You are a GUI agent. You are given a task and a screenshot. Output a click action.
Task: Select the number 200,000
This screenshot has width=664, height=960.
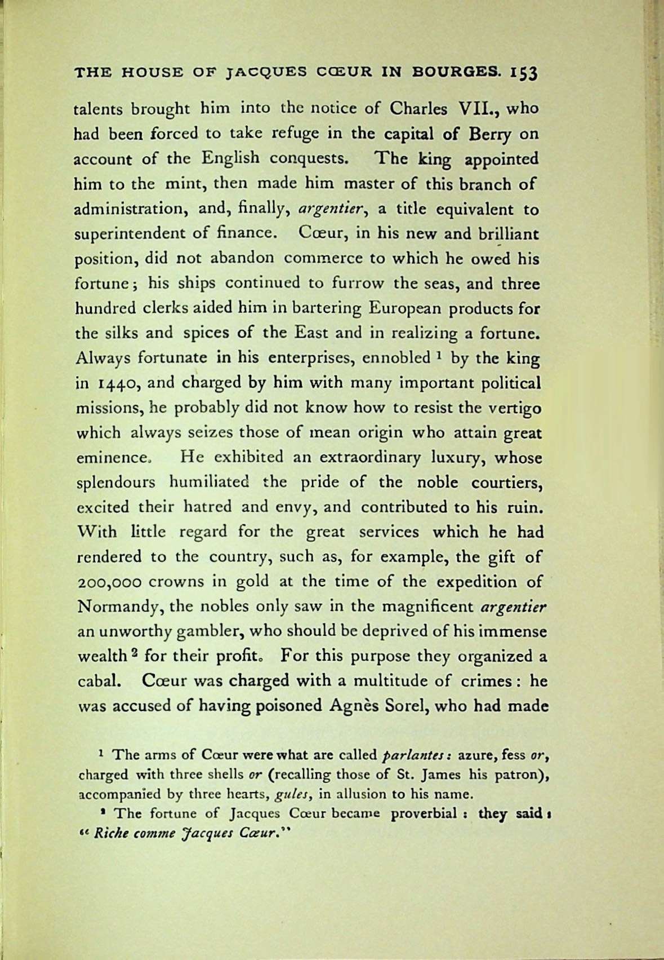[110, 582]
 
